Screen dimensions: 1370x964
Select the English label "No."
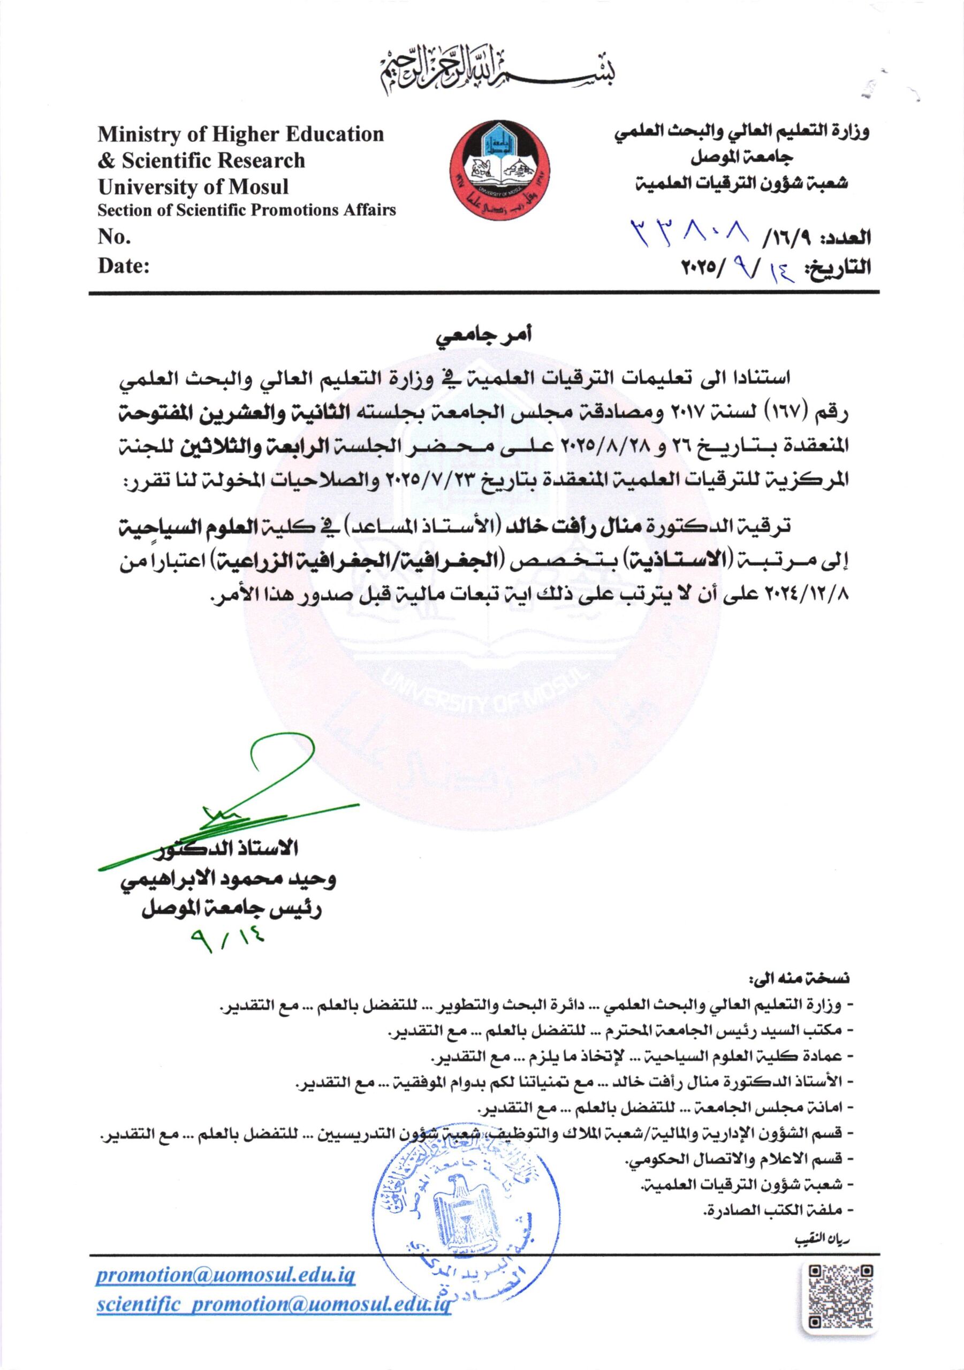coord(115,238)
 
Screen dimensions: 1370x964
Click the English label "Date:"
coord(124,267)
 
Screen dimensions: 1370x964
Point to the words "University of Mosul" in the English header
coord(193,187)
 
